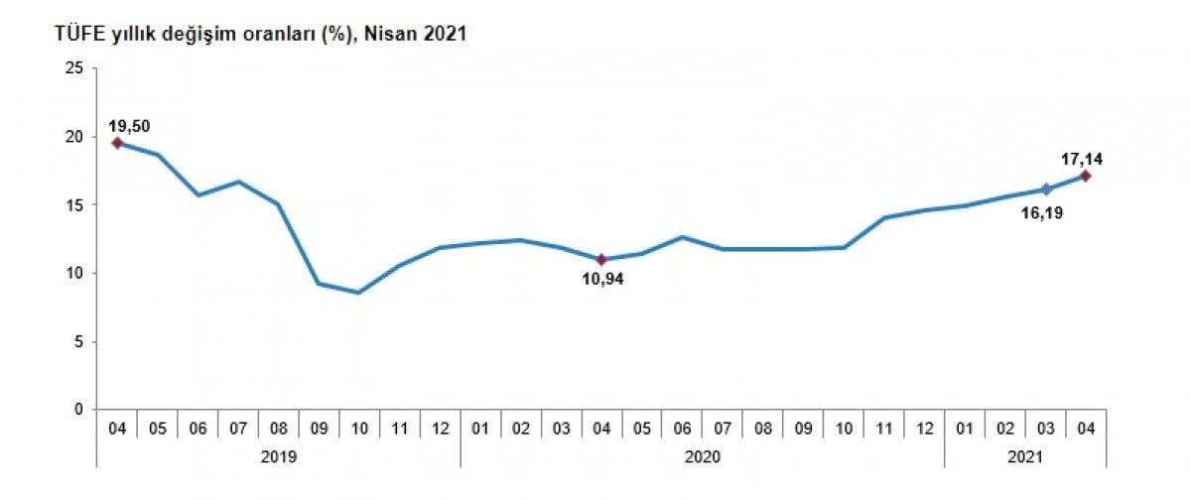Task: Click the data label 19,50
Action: pyautogui.click(x=129, y=126)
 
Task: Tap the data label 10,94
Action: pyautogui.click(x=603, y=279)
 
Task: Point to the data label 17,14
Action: pyautogui.click(x=1083, y=158)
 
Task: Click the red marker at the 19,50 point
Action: pyautogui.click(x=117, y=143)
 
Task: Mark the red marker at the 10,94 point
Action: pyautogui.click(x=602, y=259)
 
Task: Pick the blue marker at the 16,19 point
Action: pyautogui.click(x=1046, y=188)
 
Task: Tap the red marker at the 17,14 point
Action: pyautogui.click(x=1086, y=176)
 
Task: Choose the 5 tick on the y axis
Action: pyautogui.click(x=76, y=341)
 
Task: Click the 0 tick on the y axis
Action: pyautogui.click(x=76, y=410)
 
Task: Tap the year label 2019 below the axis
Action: pyautogui.click(x=279, y=456)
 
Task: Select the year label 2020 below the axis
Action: pyautogui.click(x=703, y=456)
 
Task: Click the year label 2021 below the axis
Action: pyautogui.click(x=1026, y=456)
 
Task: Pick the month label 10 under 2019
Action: pyautogui.click(x=359, y=429)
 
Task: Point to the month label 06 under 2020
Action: pyautogui.click(x=683, y=429)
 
